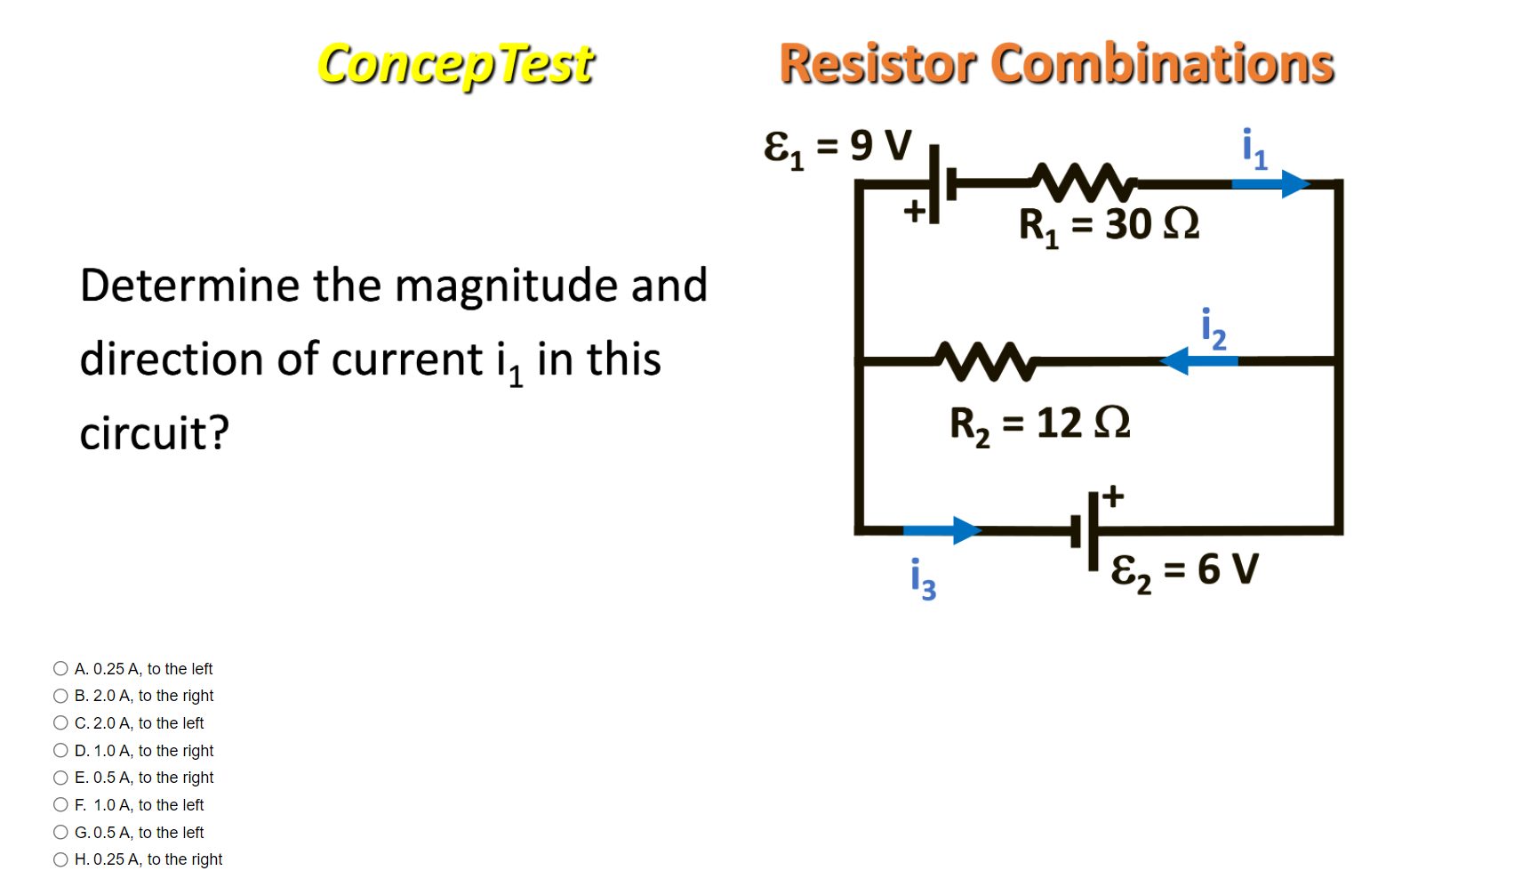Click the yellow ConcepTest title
pos(455,65)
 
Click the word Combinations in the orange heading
pos(1162,65)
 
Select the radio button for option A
pos(60,668)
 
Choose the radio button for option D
pos(60,750)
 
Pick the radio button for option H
pos(60,859)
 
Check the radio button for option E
pos(60,778)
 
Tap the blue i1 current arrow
pos(1270,184)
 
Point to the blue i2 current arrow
pos(1199,361)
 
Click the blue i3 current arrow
pos(941,530)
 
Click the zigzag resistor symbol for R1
pos(1084,182)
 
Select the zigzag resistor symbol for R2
pos(986,360)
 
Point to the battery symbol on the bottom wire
pos(1085,531)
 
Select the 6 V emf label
pos(1184,569)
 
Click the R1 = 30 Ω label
pos(1109,225)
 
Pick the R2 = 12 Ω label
pos(1039,423)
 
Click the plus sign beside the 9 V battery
pos(915,211)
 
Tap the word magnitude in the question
pos(506,286)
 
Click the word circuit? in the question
pos(155,433)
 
